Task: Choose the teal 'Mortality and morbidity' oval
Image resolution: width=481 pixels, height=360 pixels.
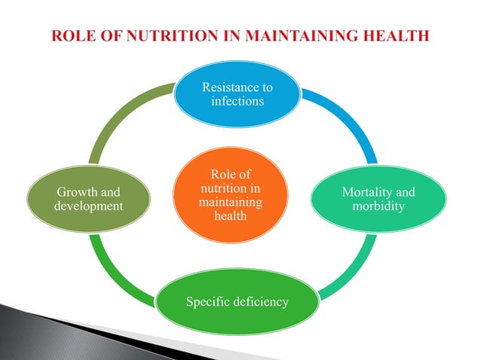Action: click(378, 199)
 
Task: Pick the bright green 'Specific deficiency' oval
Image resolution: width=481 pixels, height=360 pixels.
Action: click(237, 302)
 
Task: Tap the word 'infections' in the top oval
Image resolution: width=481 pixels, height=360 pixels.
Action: click(237, 101)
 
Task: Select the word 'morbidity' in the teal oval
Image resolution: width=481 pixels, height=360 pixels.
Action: click(378, 206)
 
